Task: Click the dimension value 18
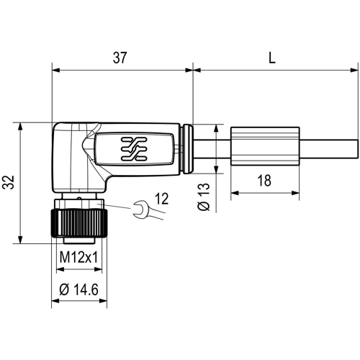pos(264,181)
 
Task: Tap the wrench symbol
pos(142,210)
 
